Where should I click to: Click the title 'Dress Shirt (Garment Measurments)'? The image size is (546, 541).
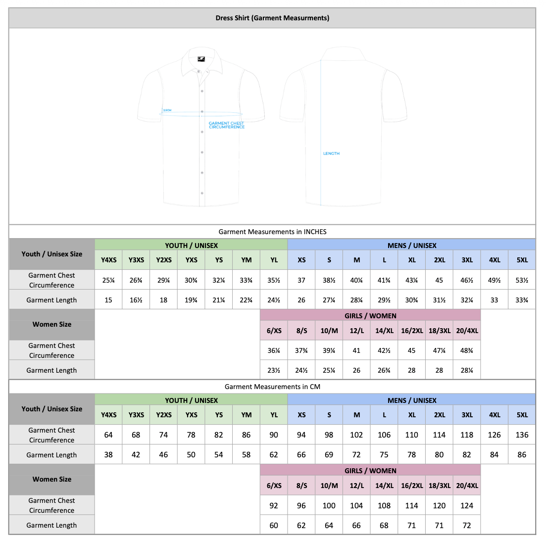(272, 18)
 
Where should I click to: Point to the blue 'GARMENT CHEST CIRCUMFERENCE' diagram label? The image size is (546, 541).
(227, 125)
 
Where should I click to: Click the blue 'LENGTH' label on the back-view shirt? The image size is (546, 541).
(331, 153)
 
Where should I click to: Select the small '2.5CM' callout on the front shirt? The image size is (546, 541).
(167, 110)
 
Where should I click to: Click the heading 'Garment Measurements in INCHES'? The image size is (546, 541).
(272, 232)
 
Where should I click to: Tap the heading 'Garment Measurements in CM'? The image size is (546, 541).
(272, 387)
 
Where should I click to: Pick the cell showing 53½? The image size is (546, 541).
(522, 280)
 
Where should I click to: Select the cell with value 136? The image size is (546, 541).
(522, 435)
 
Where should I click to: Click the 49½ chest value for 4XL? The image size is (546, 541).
(494, 280)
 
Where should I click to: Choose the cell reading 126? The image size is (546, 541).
(494, 435)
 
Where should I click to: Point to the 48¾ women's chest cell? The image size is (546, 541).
(467, 350)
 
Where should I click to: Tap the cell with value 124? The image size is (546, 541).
(467, 505)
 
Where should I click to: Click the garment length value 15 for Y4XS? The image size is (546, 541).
(108, 300)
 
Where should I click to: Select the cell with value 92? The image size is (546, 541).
(274, 505)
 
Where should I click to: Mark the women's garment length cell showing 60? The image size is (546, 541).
(274, 525)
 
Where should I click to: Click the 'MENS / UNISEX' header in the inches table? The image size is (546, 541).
(412, 246)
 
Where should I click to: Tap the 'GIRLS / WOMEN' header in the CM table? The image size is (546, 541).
(370, 471)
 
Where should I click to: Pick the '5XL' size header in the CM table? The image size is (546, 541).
(522, 415)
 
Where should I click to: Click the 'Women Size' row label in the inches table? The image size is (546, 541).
(52, 324)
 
